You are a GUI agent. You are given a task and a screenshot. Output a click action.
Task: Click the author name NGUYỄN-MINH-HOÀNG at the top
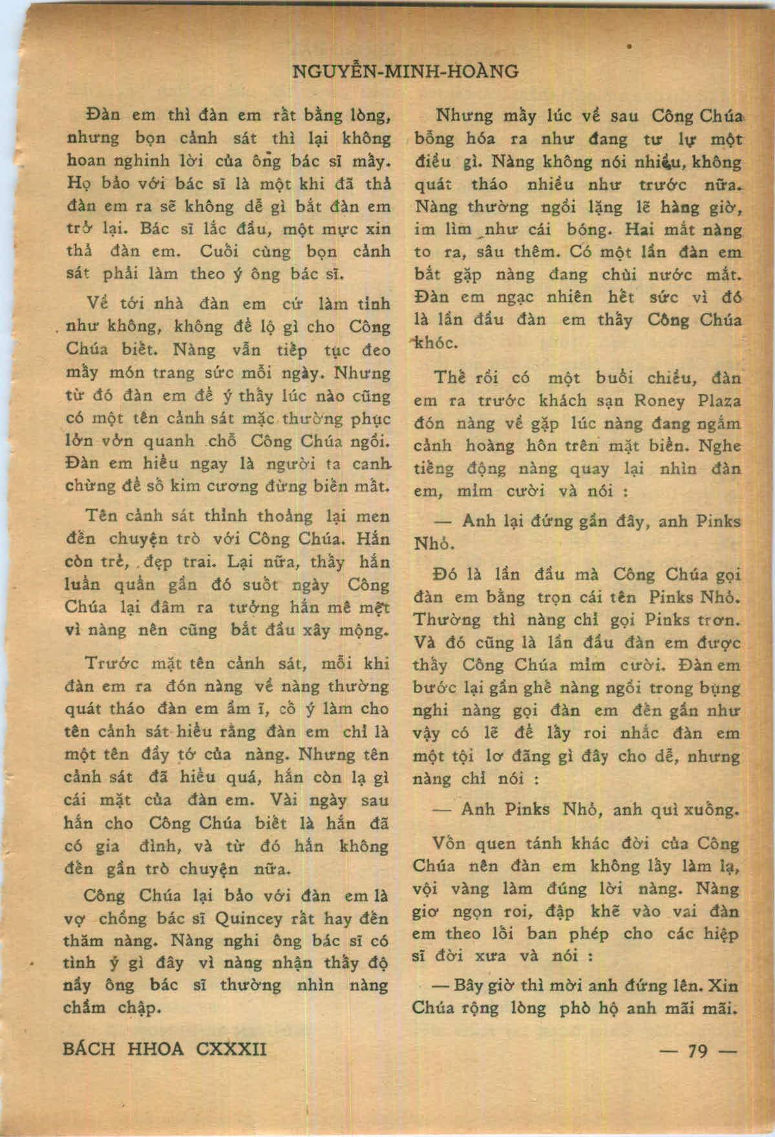tap(406, 72)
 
